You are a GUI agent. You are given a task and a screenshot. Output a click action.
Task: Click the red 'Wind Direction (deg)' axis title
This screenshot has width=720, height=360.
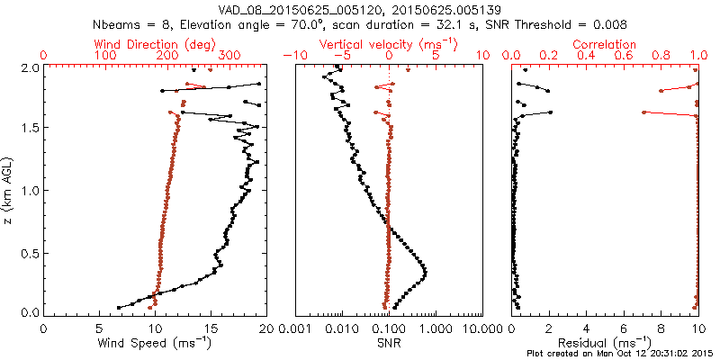pos(154,44)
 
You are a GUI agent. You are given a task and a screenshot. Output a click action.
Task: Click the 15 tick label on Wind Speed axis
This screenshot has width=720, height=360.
pos(210,328)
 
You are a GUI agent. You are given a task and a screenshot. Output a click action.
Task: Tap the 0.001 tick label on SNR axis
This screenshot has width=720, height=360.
pos(296,328)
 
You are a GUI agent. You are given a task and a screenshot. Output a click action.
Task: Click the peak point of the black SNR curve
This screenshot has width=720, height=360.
pos(425,272)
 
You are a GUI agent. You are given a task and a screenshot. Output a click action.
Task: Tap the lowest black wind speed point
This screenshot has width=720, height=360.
pos(118,308)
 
